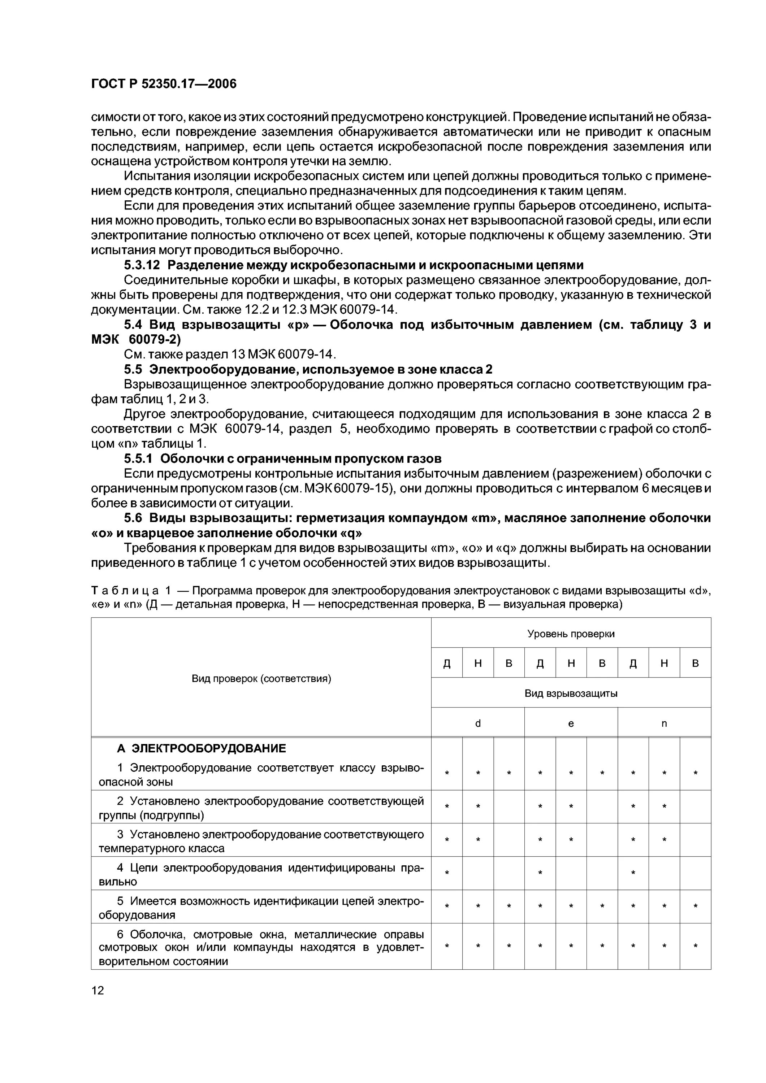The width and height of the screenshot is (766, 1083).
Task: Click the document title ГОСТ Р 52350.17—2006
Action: tap(163, 84)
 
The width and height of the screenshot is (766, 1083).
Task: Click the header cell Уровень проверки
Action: tap(571, 634)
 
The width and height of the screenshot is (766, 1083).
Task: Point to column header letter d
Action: tap(478, 723)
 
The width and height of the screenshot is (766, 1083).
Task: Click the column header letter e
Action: tap(571, 723)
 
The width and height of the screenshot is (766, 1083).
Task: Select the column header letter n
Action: tap(664, 723)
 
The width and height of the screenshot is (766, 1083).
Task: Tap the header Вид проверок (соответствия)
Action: tap(261, 678)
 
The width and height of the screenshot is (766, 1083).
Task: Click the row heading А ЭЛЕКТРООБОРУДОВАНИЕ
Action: tap(202, 749)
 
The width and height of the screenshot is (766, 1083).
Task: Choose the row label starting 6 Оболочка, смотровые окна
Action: tap(261, 948)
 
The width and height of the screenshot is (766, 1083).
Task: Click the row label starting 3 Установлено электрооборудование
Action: tap(261, 841)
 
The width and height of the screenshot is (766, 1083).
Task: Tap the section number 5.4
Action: tap(133, 325)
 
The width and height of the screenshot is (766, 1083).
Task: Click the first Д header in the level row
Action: tap(446, 664)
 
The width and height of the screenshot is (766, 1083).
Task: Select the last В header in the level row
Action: tap(695, 664)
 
